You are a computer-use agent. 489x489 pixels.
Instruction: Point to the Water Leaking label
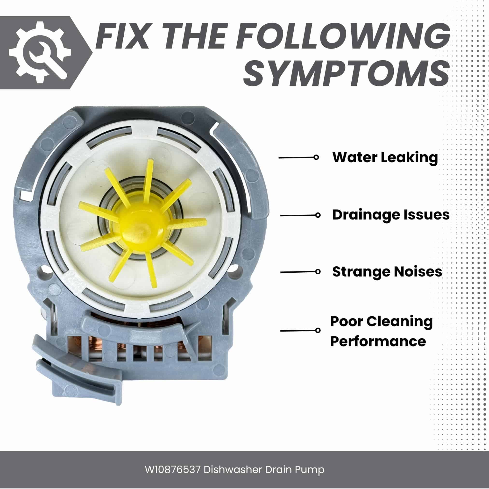(x=385, y=157)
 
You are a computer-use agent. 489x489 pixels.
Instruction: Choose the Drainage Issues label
(x=391, y=215)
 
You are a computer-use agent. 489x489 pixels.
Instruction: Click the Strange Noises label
(x=387, y=272)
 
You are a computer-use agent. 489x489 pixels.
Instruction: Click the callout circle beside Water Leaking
(x=316, y=157)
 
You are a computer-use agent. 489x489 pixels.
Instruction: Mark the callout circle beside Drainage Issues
(x=318, y=215)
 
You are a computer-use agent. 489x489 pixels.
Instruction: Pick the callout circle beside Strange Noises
(x=318, y=272)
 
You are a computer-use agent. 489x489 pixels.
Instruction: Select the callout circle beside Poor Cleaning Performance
(x=318, y=331)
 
